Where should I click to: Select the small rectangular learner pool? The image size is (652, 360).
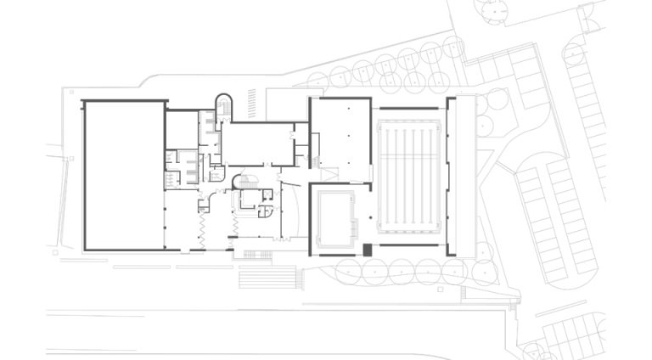pos(334,217)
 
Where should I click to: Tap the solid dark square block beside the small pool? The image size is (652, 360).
pos(367,250)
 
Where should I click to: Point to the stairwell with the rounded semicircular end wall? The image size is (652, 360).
pos(224,107)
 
